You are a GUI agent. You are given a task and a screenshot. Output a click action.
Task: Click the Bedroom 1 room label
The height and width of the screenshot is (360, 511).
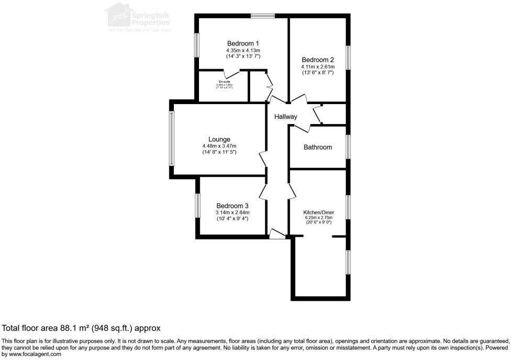pos(243,43)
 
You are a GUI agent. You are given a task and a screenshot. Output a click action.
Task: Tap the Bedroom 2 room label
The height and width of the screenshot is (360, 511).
pos(317,60)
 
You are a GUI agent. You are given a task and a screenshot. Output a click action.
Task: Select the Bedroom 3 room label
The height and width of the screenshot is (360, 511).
pos(232,206)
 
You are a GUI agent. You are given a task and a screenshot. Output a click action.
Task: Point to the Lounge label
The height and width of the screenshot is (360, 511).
pos(219,139)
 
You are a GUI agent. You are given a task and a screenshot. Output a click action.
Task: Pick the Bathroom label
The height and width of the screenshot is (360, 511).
pos(318,147)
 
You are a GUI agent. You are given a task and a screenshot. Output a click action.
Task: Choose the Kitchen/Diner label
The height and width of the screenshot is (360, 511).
pos(318,212)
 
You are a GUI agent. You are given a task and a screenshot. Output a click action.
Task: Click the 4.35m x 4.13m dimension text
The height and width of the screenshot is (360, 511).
pos(243,50)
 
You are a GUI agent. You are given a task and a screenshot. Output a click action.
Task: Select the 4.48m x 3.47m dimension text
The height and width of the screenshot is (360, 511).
pos(219,146)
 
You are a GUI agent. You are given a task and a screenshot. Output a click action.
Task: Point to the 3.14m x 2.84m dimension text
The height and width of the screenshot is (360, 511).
pos(232,212)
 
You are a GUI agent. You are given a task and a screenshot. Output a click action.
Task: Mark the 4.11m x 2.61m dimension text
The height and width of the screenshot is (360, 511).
pos(317,67)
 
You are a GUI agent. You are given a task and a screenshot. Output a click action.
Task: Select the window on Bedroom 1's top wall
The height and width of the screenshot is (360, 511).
pos(263,16)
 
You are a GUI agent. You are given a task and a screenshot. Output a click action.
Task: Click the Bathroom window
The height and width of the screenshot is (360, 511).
pos(347,147)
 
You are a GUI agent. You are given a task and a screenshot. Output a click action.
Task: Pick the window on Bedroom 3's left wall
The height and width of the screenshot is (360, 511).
pos(197,205)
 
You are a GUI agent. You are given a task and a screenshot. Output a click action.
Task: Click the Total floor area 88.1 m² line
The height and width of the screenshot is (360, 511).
pos(81,328)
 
